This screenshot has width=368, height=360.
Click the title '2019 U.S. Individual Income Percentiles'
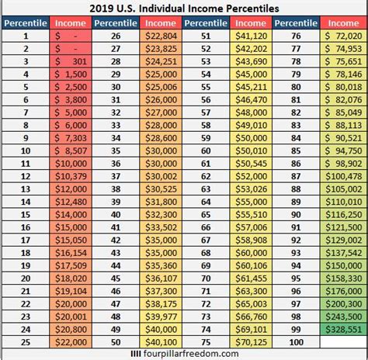(x=183, y=9)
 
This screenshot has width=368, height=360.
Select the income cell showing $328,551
(x=342, y=329)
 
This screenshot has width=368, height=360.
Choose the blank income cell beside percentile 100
(x=342, y=341)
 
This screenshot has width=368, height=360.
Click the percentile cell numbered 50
(x=116, y=341)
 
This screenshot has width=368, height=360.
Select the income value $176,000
(x=342, y=292)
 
